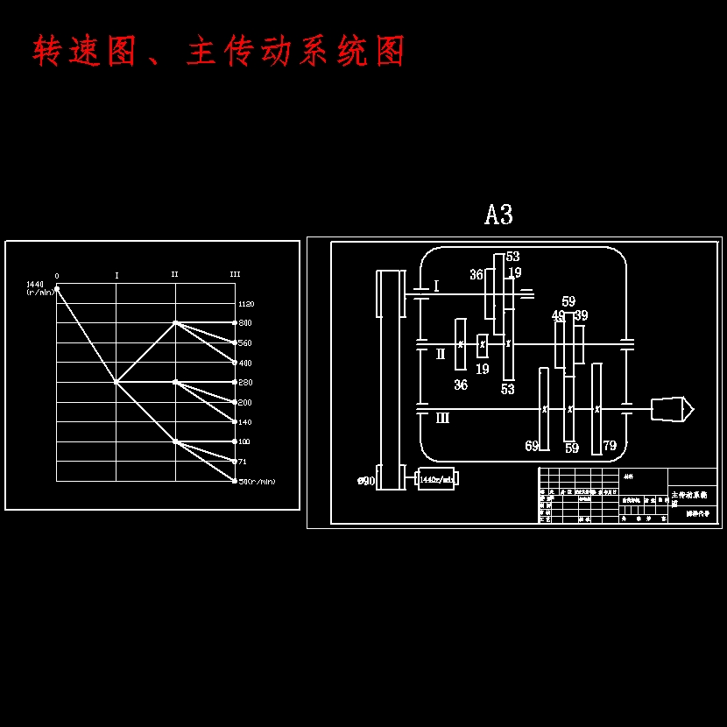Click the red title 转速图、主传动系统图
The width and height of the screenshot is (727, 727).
tap(219, 53)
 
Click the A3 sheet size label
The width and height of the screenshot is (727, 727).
tap(498, 215)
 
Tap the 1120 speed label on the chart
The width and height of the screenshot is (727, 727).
tap(245, 304)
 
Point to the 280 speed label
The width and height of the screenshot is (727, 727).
tap(244, 383)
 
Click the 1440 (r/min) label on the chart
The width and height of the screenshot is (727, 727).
tap(39, 288)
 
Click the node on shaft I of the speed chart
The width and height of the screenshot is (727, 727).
tap(116, 382)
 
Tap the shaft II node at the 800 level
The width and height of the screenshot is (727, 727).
tap(175, 322)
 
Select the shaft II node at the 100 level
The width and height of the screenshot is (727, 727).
tap(175, 441)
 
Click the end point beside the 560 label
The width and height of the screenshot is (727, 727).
tap(234, 342)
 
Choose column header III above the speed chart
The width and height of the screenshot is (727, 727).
tap(235, 274)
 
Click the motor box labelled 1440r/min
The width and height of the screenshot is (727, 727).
tap(436, 479)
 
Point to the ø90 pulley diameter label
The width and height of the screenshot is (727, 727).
tap(366, 481)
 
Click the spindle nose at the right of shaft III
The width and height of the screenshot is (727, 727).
tap(672, 408)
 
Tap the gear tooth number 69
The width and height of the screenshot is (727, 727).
tap(532, 446)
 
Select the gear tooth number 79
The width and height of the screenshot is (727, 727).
tap(610, 446)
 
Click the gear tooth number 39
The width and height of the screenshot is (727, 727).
tap(581, 315)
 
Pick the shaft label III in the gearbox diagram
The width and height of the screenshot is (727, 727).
tap(442, 418)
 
